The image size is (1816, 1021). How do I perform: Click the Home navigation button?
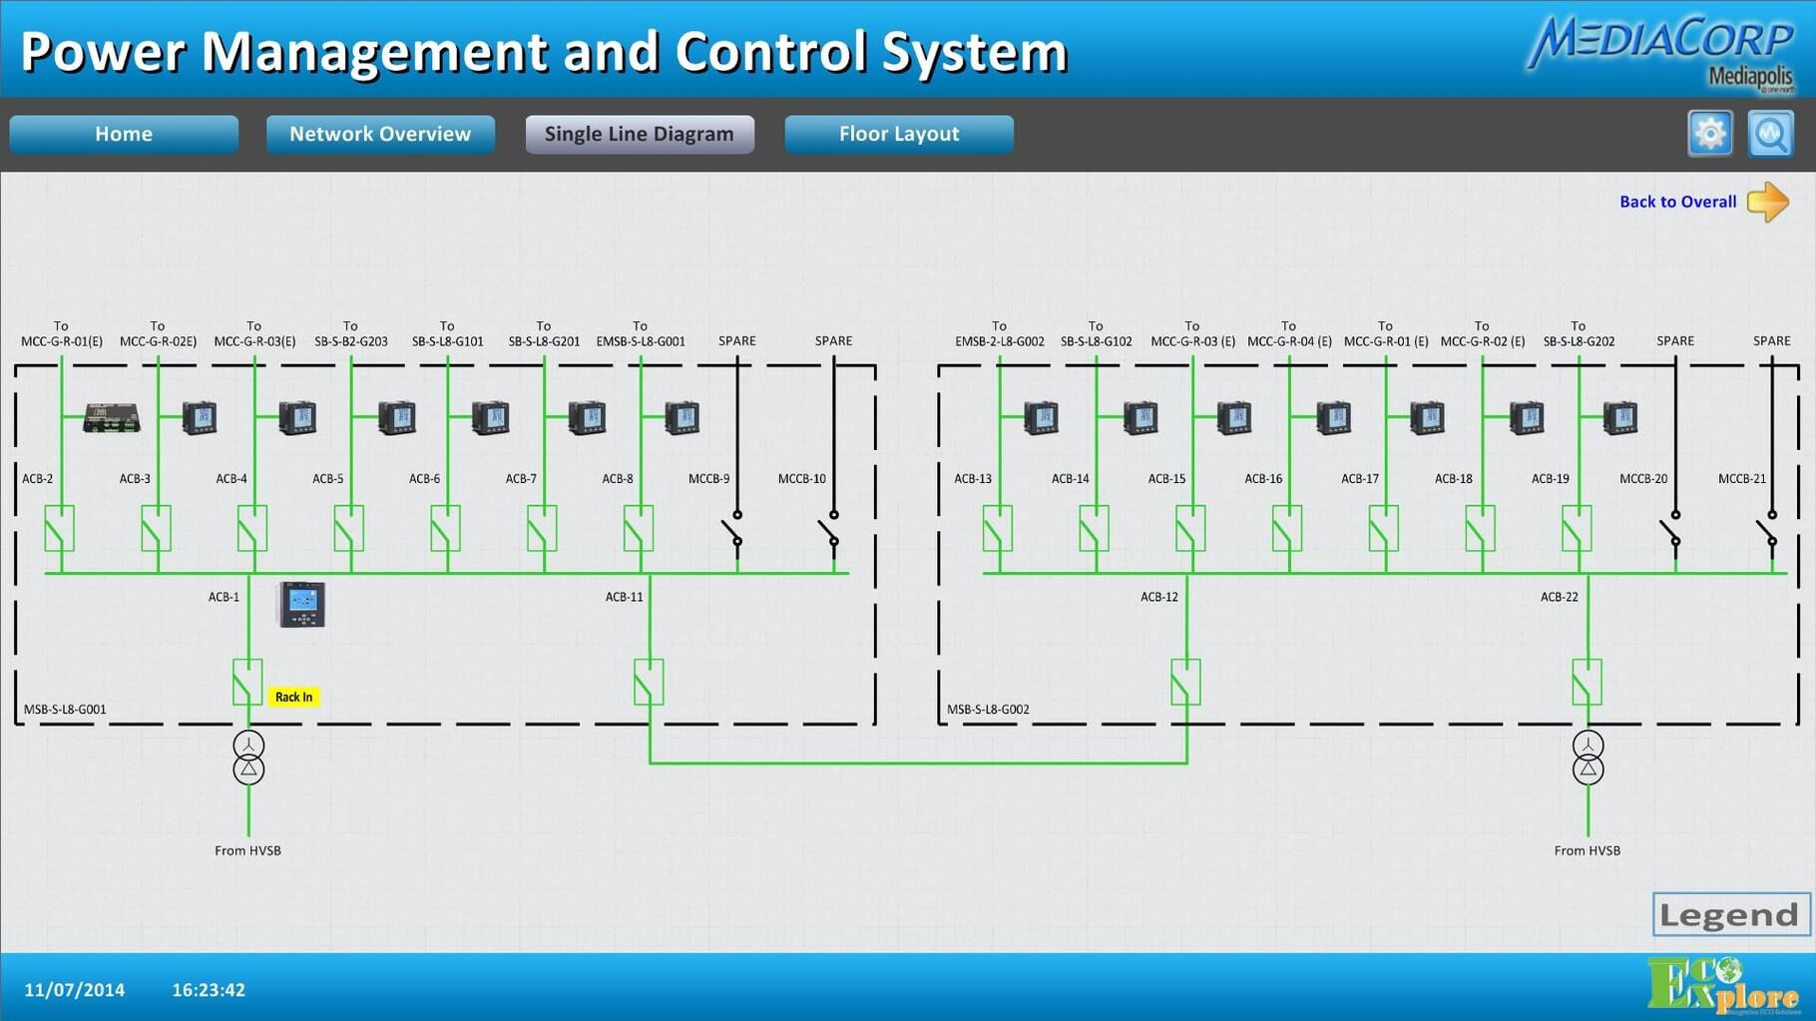(x=124, y=134)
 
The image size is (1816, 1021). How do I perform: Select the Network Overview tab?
(x=380, y=134)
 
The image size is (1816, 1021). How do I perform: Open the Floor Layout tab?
(x=899, y=134)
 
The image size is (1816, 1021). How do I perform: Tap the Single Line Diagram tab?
(x=640, y=134)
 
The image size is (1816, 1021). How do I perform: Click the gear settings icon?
(x=1710, y=134)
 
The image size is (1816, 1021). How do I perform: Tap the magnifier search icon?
(x=1771, y=134)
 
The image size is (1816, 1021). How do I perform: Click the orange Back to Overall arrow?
(x=1768, y=202)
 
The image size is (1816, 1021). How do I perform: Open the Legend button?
(x=1730, y=914)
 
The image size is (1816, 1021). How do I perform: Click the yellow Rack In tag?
(x=293, y=697)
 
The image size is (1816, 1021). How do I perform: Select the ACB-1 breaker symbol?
(x=247, y=682)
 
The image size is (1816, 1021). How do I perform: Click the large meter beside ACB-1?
(x=301, y=604)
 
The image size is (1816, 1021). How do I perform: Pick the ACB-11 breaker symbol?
(x=649, y=682)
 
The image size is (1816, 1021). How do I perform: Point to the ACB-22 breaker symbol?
(x=1587, y=682)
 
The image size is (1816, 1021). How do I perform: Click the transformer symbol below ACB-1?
(x=248, y=758)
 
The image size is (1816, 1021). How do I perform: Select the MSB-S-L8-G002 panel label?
(x=988, y=710)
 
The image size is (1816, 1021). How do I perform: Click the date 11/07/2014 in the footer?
(x=75, y=990)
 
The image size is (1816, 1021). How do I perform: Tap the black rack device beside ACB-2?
(x=112, y=417)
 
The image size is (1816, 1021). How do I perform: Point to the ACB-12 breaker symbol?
(x=1185, y=682)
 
